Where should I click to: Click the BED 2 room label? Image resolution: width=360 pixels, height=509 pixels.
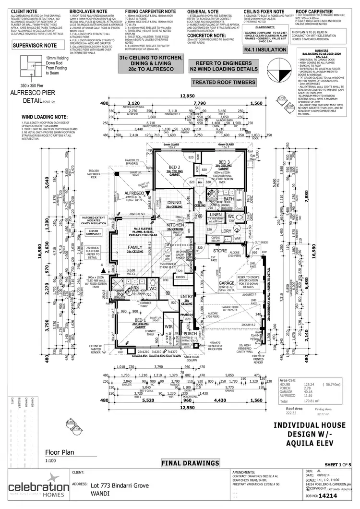[174, 168]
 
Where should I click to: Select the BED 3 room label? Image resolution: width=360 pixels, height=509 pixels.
[225, 162]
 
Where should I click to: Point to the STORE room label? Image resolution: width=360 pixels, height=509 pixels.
[220, 251]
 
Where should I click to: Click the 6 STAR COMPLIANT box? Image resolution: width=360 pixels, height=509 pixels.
[93, 232]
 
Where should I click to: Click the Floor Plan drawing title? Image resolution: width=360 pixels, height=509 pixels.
[60, 452]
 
